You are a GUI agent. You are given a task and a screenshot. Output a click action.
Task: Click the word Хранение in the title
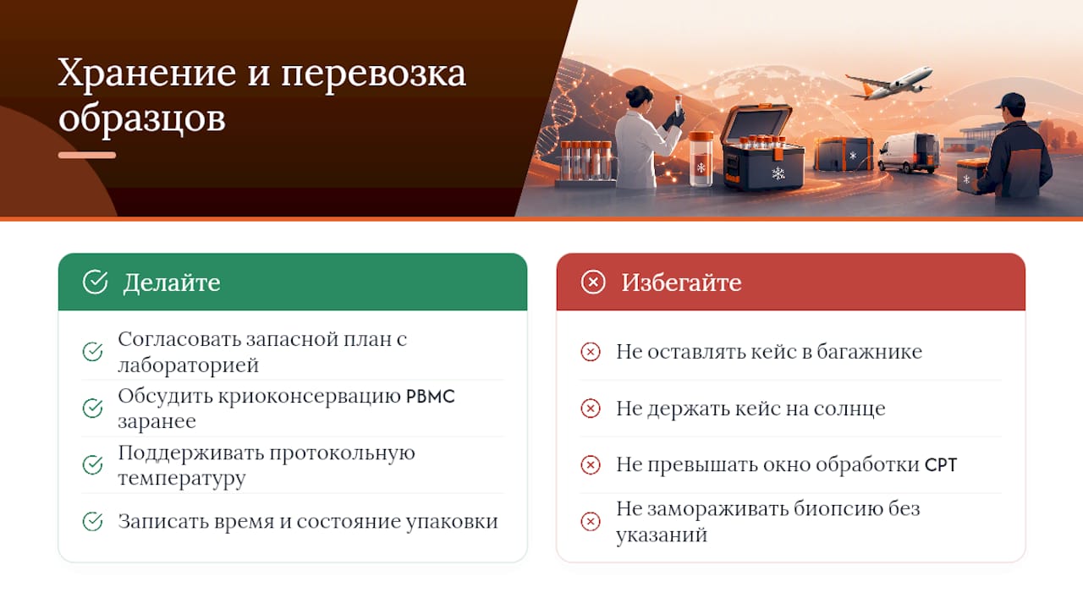pos(147,73)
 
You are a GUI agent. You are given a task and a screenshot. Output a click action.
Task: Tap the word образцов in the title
pos(142,118)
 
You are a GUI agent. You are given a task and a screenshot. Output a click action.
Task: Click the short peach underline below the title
pos(87,155)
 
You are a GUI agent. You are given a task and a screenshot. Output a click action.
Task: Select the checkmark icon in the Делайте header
pos(95,282)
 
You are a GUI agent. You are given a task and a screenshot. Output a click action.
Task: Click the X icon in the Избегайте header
pos(593,282)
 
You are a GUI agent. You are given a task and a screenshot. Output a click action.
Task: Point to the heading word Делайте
pos(172,283)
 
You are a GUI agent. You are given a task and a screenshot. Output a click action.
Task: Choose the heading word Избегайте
pos(681,283)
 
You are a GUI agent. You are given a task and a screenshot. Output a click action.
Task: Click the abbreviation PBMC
pos(431,397)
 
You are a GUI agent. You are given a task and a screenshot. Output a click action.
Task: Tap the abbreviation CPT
pos(940,465)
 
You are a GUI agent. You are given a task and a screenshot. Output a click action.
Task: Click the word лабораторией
pos(189,365)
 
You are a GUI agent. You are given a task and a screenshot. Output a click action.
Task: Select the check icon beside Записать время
pos(92,521)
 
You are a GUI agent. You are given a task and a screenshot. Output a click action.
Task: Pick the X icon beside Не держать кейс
pos(591,409)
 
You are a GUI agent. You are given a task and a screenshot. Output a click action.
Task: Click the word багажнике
pos(869,352)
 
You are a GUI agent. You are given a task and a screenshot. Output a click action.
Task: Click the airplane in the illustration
pos(889,83)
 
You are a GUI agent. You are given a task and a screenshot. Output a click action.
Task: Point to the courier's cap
pos(1011,101)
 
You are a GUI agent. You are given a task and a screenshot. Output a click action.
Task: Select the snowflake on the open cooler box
pos(778,173)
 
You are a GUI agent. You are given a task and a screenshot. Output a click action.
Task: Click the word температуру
pos(182,479)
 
